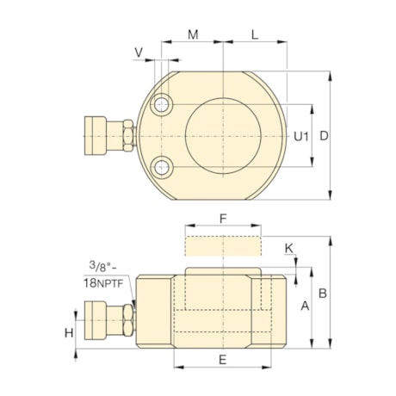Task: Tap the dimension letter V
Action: [139, 53]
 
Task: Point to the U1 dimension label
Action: [300, 136]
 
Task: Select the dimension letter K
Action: [289, 248]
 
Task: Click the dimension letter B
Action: [322, 293]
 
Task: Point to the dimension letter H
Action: [69, 332]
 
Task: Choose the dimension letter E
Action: [221, 360]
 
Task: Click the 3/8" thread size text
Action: [102, 266]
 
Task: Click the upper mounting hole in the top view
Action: [161, 105]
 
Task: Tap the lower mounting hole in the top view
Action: [161, 167]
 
